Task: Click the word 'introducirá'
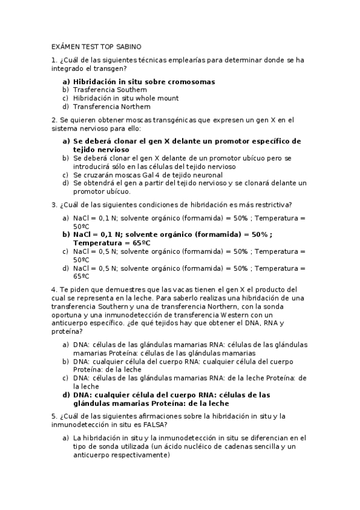[x=93, y=167]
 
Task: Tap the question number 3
[x=53, y=204]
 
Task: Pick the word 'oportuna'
[x=67, y=315]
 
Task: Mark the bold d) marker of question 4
[x=66, y=395]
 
